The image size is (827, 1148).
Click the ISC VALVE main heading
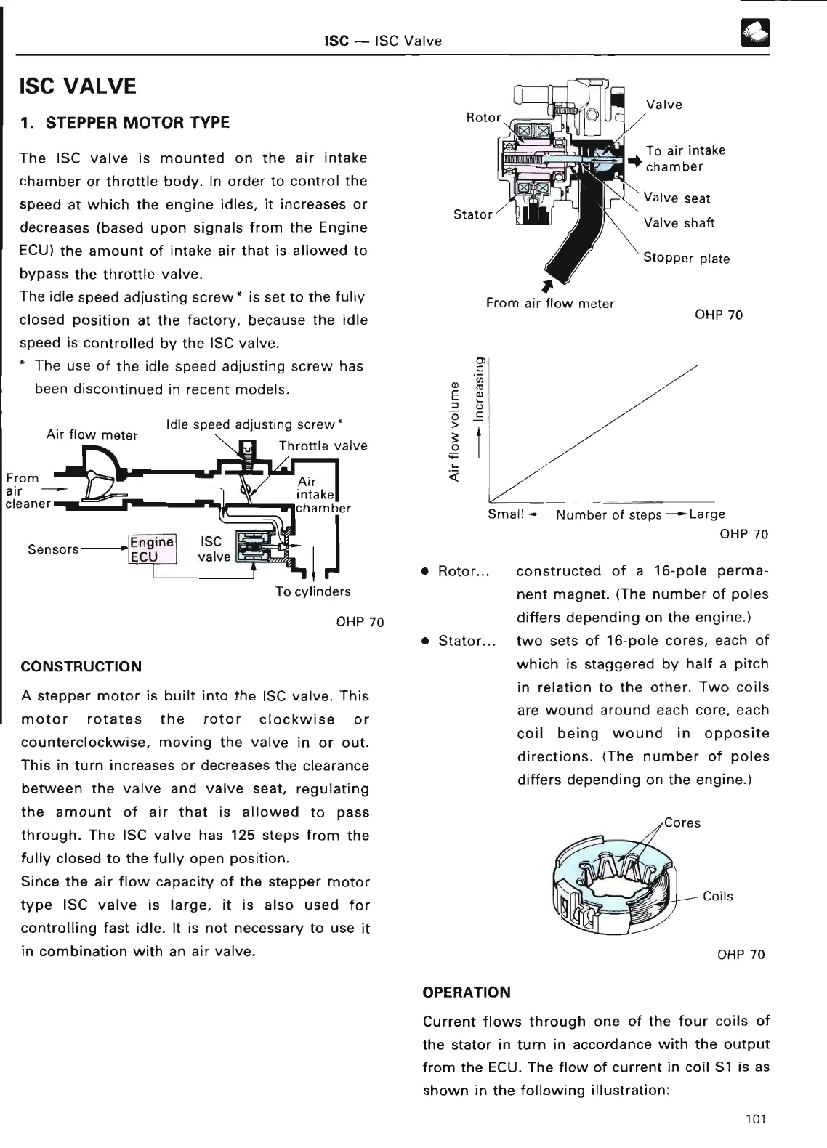point(78,86)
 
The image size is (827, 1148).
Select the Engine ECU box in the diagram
point(152,549)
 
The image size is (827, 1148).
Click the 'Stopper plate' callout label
point(686,259)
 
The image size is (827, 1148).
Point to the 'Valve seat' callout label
point(677,198)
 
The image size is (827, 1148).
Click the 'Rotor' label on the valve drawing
point(483,118)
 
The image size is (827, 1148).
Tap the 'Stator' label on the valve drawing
point(472,214)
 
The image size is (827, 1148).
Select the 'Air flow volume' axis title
point(454,431)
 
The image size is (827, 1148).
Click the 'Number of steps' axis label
point(609,515)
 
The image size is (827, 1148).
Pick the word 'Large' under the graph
point(706,514)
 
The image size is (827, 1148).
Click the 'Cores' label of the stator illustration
point(682,823)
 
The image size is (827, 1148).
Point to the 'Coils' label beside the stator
point(718,897)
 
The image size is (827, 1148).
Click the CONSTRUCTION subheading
point(81,666)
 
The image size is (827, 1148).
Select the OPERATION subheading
point(467,993)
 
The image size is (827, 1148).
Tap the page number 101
point(756,1119)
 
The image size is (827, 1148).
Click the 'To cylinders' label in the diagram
point(312,591)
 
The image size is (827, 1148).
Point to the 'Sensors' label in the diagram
point(53,549)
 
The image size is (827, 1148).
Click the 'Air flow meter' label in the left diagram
point(92,435)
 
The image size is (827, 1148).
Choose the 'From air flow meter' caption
point(550,304)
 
